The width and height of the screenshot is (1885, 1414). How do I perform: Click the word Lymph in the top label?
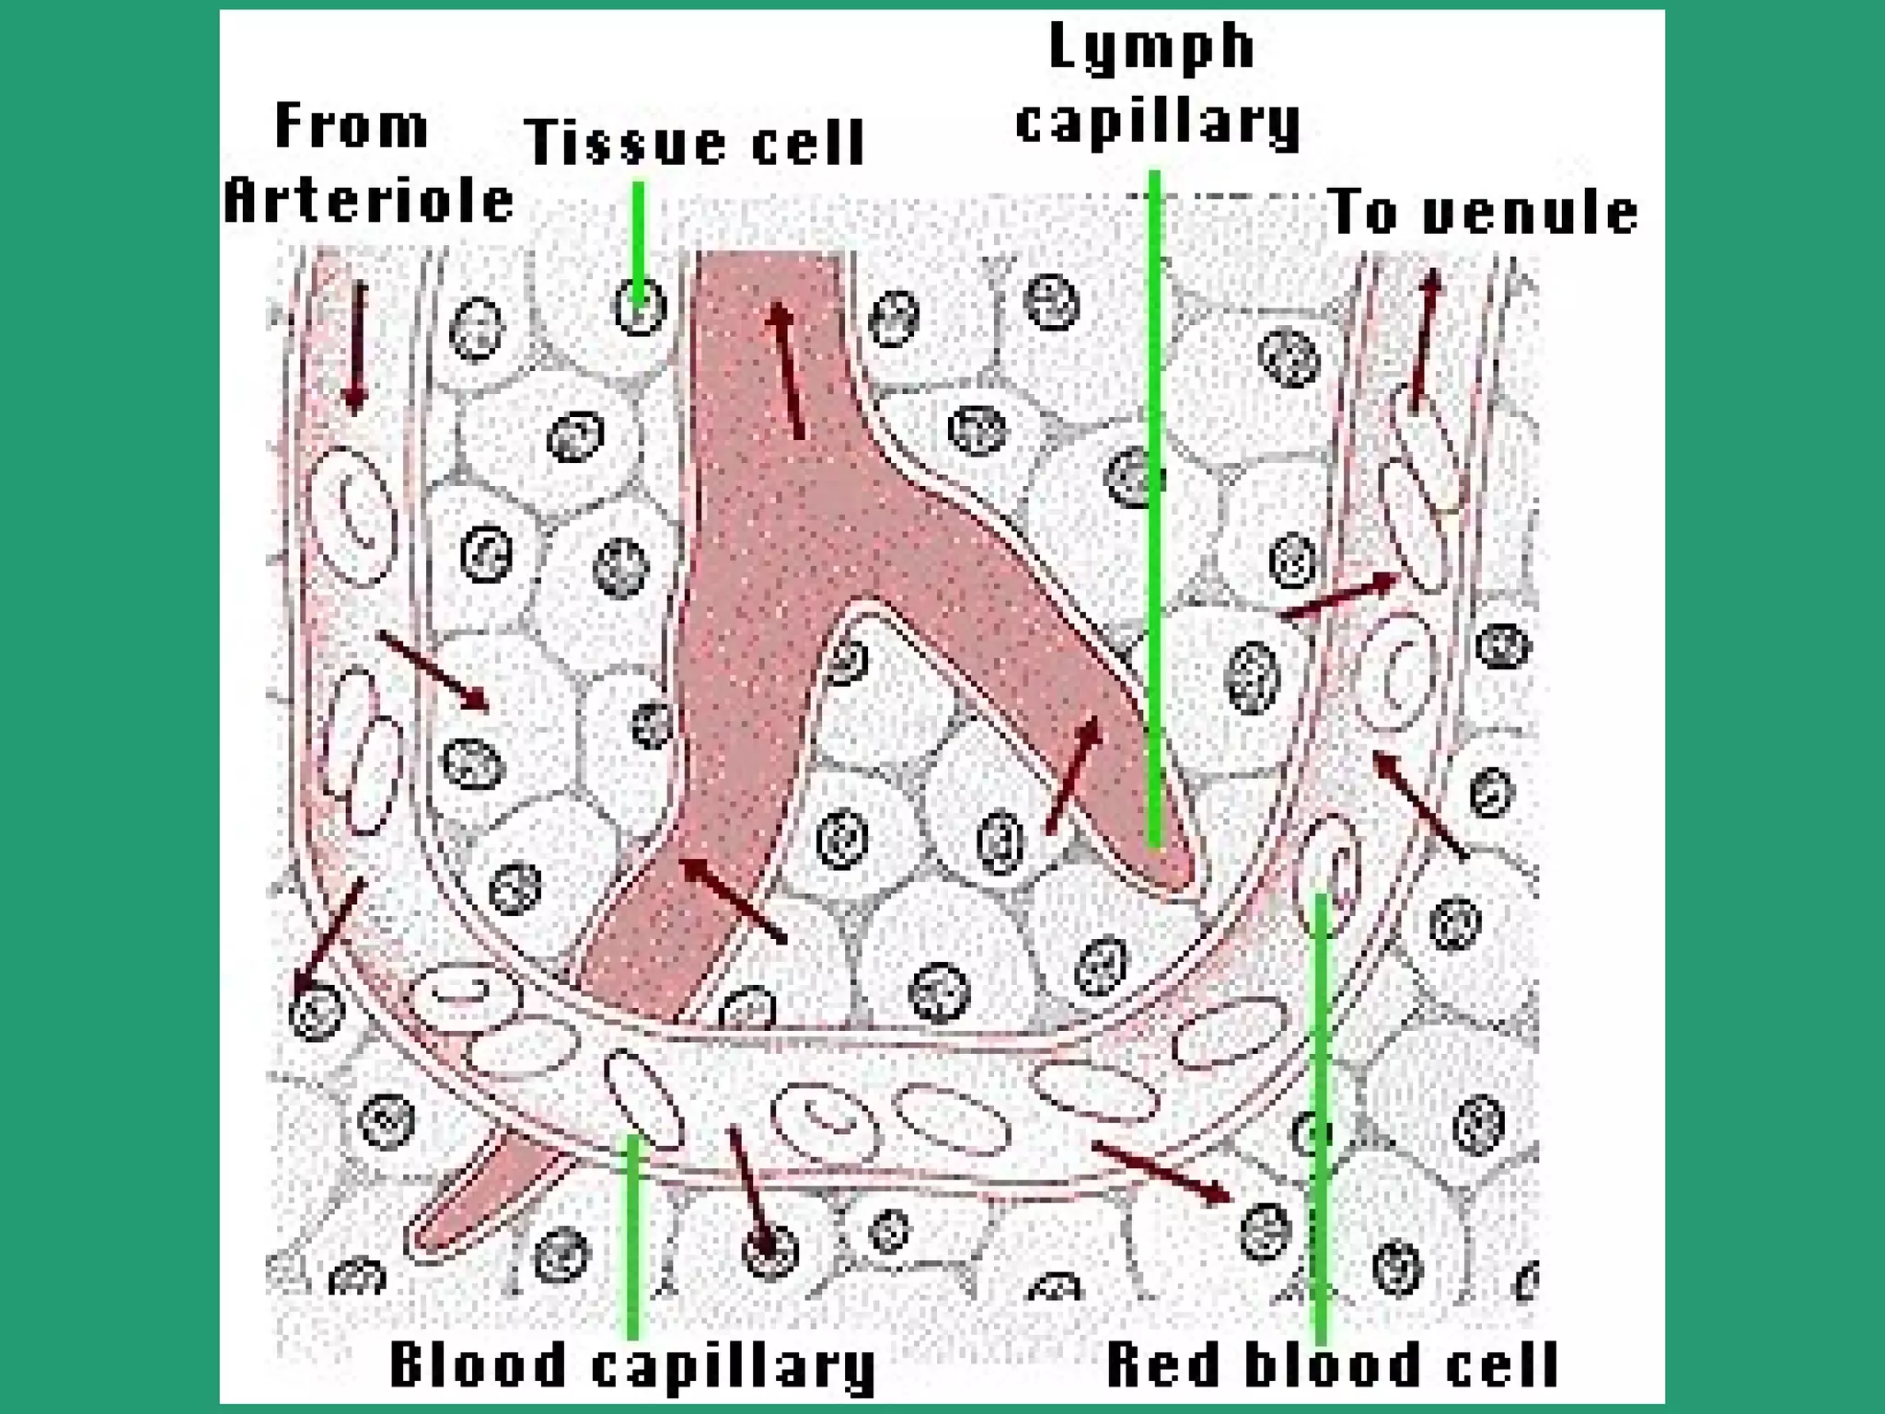click(x=1151, y=48)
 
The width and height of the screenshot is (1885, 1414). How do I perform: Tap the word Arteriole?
click(x=368, y=202)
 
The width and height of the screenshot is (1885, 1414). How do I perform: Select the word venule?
click(x=1530, y=214)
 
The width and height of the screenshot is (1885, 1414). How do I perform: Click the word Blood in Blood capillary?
click(x=477, y=1364)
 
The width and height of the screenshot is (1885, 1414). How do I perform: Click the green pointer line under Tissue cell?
click(x=638, y=235)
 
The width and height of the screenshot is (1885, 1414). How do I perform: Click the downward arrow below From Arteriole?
click(x=356, y=345)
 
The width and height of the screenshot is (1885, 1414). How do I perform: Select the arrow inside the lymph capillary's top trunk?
click(x=787, y=369)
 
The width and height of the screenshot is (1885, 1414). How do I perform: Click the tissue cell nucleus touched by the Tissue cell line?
click(x=639, y=306)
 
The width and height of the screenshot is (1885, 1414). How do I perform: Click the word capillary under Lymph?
click(x=1158, y=122)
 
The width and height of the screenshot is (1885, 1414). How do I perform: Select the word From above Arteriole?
click(x=352, y=126)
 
